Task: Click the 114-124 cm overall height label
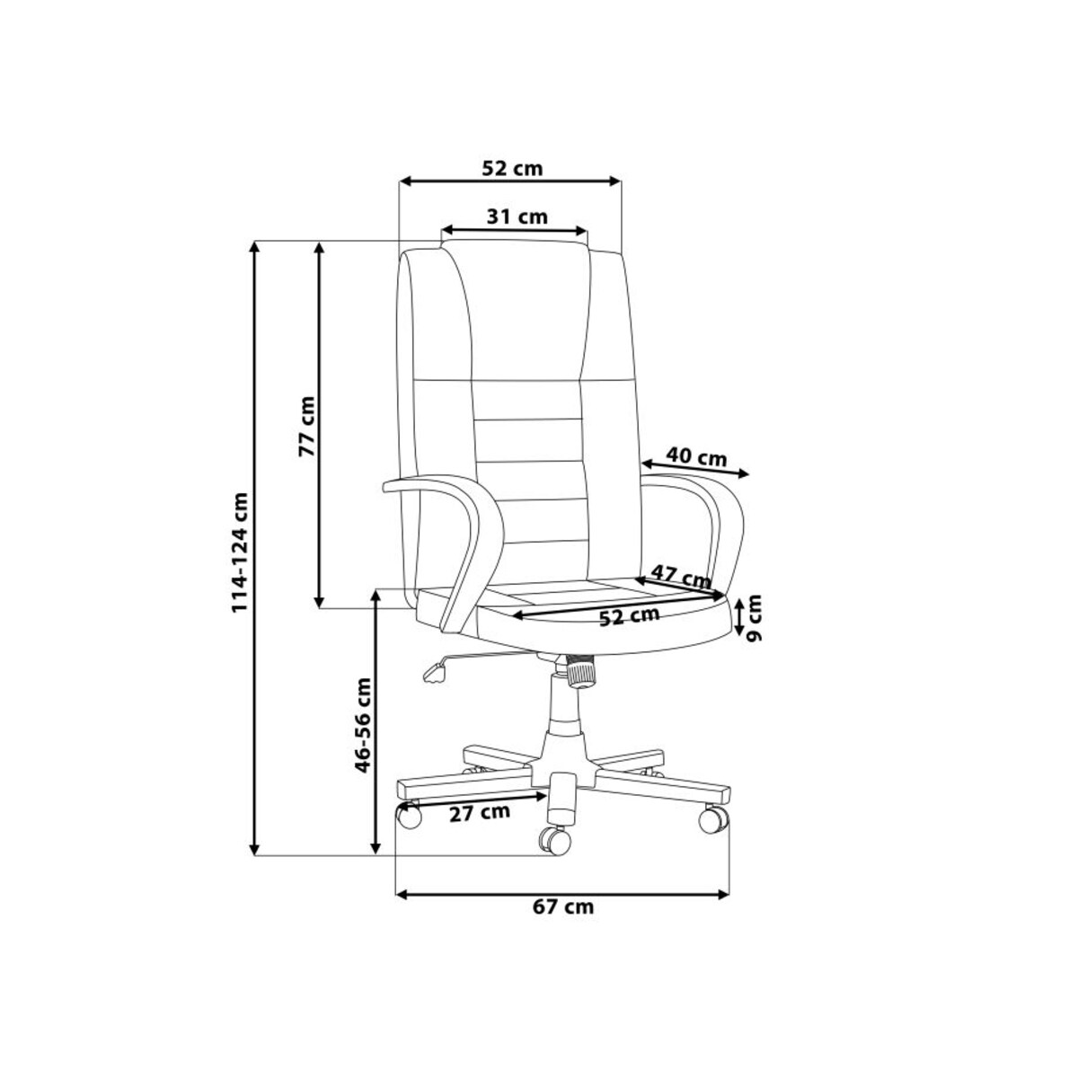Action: (x=240, y=552)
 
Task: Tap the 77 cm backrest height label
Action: (x=306, y=427)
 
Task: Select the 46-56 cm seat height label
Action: (x=364, y=726)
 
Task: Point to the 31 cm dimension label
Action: (x=517, y=216)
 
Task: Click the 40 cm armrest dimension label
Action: (x=696, y=457)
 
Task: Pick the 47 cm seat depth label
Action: (x=680, y=575)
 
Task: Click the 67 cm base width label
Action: (x=562, y=923)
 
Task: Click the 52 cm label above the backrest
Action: (x=512, y=168)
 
